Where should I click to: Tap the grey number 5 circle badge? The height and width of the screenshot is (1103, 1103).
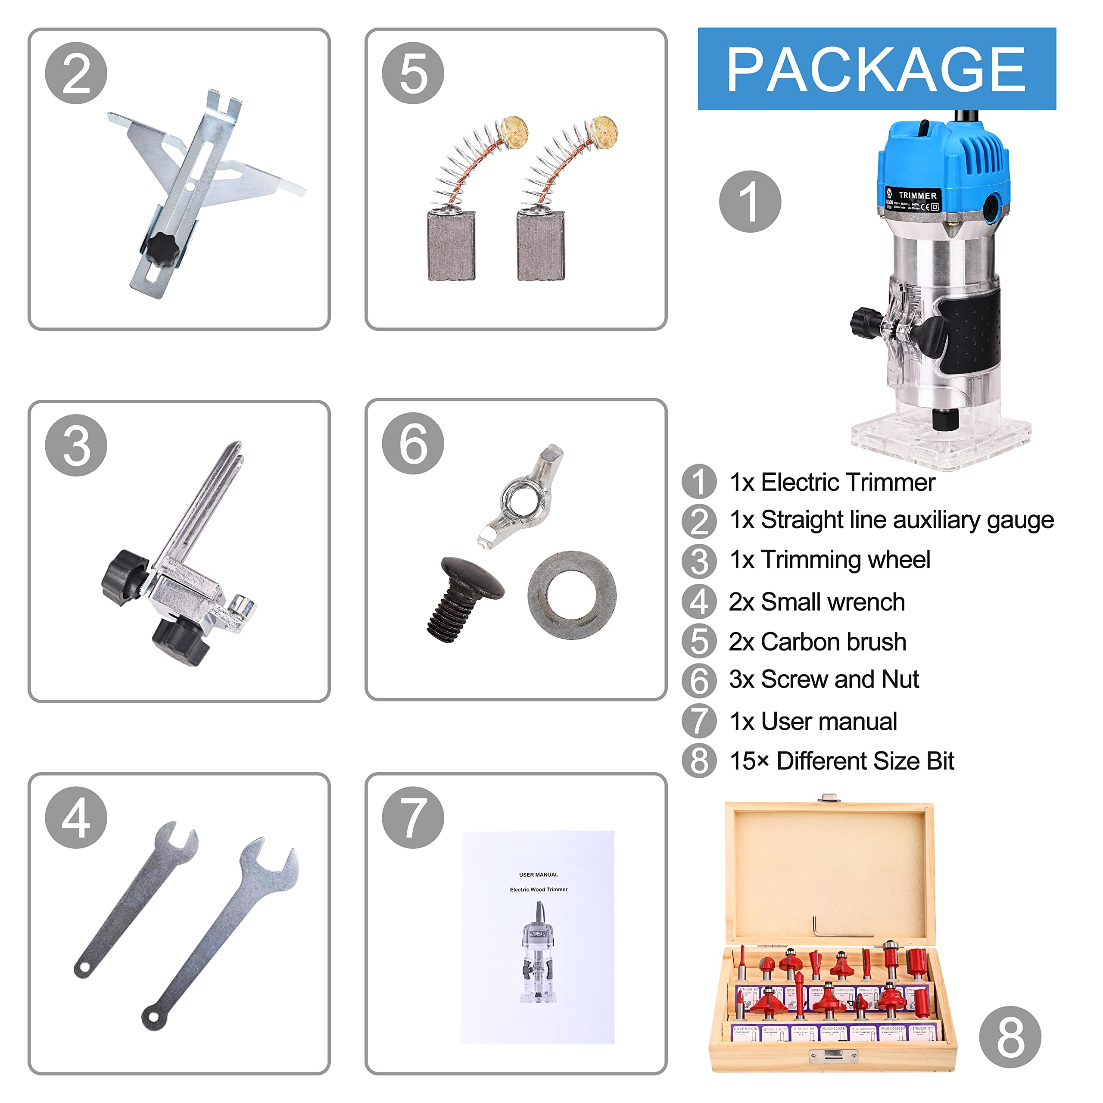coord(413,73)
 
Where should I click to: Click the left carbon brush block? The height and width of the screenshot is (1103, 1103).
coord(451,246)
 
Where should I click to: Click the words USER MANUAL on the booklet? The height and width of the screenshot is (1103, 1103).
coord(539,875)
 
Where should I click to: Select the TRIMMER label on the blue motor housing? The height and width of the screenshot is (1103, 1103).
coord(917,196)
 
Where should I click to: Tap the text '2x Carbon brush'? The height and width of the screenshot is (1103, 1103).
coord(817,642)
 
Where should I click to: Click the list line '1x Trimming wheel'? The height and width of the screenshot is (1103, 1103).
coord(829,560)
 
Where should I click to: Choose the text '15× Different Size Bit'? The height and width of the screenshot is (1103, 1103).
coord(841,761)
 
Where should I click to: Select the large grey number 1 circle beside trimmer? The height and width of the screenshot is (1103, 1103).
coord(750,202)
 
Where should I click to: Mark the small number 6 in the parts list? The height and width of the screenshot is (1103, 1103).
coord(699,680)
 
